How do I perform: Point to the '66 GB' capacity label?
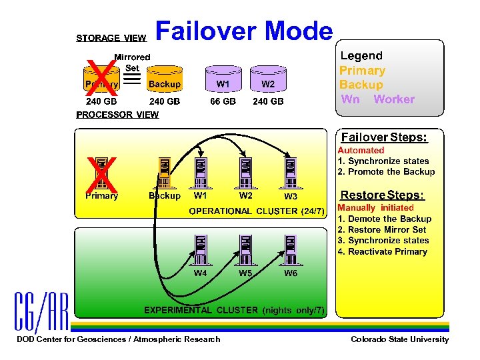click(x=223, y=101)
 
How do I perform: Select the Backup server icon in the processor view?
click(x=164, y=174)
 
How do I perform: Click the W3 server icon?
click(x=291, y=174)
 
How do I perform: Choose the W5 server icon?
click(x=245, y=250)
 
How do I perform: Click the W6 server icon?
click(x=291, y=250)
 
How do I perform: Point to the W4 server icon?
click(x=200, y=250)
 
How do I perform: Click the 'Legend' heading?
click(x=361, y=56)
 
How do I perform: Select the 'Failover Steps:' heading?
click(x=383, y=137)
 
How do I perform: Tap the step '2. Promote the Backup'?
click(x=386, y=172)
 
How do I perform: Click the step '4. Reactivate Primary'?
click(x=382, y=251)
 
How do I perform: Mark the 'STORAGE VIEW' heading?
click(x=111, y=39)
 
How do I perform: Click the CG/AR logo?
click(x=41, y=312)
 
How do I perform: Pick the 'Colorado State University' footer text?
click(x=399, y=339)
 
